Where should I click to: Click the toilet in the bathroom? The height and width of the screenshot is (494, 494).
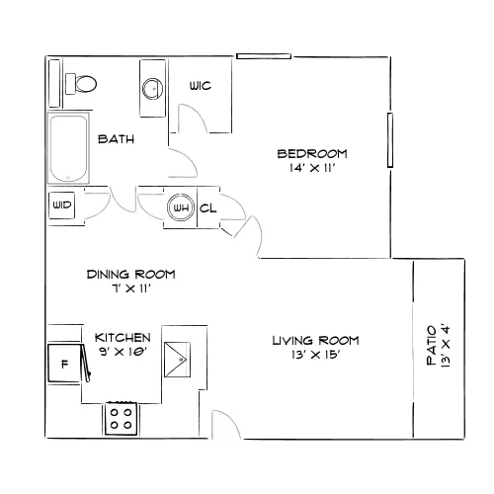pyautogui.click(x=81, y=84)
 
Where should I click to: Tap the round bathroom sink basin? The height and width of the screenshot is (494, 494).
pyautogui.click(x=152, y=89)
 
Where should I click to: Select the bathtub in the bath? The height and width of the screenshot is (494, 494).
pyautogui.click(x=68, y=148)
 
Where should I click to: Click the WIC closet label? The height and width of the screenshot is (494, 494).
pyautogui.click(x=201, y=86)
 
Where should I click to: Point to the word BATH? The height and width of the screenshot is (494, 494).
pyautogui.click(x=117, y=139)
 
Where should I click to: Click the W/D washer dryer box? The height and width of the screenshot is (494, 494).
pyautogui.click(x=62, y=206)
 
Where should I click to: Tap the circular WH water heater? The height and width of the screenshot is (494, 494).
pyautogui.click(x=181, y=207)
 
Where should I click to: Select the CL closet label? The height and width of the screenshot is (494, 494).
pyautogui.click(x=208, y=208)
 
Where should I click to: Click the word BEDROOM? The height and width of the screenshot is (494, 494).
pyautogui.click(x=312, y=154)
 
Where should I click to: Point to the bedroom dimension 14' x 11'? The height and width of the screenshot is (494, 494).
pyautogui.click(x=312, y=168)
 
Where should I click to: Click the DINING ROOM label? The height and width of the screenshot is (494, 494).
pyautogui.click(x=131, y=275)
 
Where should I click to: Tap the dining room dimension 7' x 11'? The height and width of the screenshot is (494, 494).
pyautogui.click(x=131, y=288)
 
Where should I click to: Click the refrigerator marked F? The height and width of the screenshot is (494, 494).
pyautogui.click(x=64, y=364)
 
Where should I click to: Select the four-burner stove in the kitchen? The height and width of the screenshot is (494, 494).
pyautogui.click(x=121, y=419)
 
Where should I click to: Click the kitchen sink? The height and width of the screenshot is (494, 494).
pyautogui.click(x=177, y=360)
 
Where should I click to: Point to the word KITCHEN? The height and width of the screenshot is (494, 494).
pyautogui.click(x=123, y=338)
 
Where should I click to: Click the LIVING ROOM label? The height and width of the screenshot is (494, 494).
pyautogui.click(x=315, y=340)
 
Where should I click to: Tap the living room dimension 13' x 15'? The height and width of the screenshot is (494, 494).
pyautogui.click(x=315, y=355)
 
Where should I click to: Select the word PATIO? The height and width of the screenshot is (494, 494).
pyautogui.click(x=432, y=345)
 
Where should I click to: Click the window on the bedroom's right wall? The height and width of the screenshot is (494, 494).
pyautogui.click(x=390, y=140)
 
